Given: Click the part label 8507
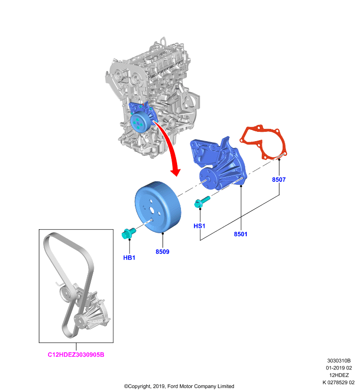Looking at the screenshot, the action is pyautogui.click(x=279, y=179).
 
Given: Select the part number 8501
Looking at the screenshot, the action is pyautogui.click(x=240, y=234).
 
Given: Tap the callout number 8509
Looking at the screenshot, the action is pyautogui.click(x=162, y=251).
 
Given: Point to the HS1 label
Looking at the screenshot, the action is pyautogui.click(x=200, y=226).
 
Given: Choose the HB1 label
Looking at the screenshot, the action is pyautogui.click(x=129, y=258).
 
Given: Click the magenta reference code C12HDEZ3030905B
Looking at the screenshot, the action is pyautogui.click(x=76, y=354).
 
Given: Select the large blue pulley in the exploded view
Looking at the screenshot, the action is pyautogui.click(x=158, y=207).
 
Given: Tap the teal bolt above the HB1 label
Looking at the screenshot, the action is pyautogui.click(x=129, y=233).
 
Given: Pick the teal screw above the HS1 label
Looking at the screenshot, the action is pyautogui.click(x=202, y=202).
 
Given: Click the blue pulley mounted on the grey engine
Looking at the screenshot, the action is pyautogui.click(x=140, y=121).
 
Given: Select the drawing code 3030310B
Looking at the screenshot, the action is pyautogui.click(x=339, y=361).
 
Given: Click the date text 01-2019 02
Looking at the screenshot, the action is pyautogui.click(x=339, y=368).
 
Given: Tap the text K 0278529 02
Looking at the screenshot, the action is pyautogui.click(x=338, y=382).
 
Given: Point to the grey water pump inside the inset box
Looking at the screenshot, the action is pyautogui.click(x=93, y=313).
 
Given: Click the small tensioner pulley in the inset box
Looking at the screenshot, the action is pyautogui.click(x=66, y=292).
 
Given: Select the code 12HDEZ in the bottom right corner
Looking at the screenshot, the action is pyautogui.click(x=339, y=375).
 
